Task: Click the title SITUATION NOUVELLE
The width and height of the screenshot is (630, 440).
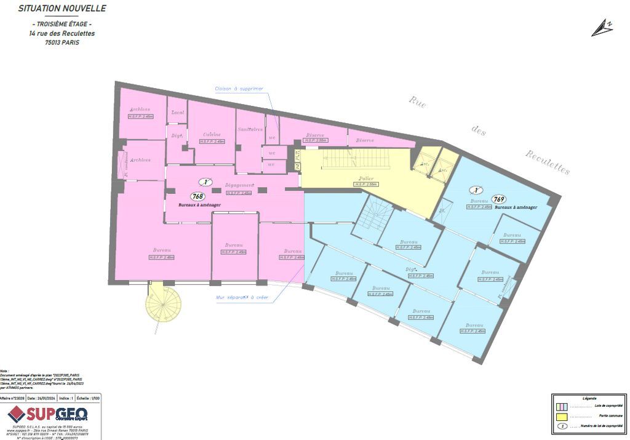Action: click(x=62, y=9)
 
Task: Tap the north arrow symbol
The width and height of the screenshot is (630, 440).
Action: click(x=602, y=28)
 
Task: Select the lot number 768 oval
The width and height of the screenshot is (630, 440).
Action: click(x=197, y=196)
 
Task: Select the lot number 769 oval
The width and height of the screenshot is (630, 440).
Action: click(x=499, y=199)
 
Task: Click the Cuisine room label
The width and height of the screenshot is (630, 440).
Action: click(x=212, y=134)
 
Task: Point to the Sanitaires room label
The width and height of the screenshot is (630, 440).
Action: click(x=250, y=129)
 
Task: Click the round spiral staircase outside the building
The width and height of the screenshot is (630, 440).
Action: click(x=164, y=302)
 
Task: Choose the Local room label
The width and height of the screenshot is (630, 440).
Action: click(x=178, y=112)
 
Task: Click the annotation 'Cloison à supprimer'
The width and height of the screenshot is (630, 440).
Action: click(x=239, y=89)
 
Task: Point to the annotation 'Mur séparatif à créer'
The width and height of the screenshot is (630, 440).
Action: click(x=242, y=298)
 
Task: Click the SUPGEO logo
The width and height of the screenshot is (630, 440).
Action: click(x=48, y=414)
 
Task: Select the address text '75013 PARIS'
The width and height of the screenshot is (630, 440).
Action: click(x=62, y=42)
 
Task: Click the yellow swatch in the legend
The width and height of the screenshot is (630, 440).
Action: click(x=562, y=417)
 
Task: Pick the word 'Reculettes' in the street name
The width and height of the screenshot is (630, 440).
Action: click(x=547, y=162)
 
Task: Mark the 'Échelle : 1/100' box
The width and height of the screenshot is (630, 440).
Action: click(x=89, y=399)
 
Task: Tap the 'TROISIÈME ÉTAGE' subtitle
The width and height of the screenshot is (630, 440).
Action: click(x=62, y=24)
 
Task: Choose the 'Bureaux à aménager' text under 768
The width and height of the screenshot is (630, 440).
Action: click(x=197, y=204)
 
